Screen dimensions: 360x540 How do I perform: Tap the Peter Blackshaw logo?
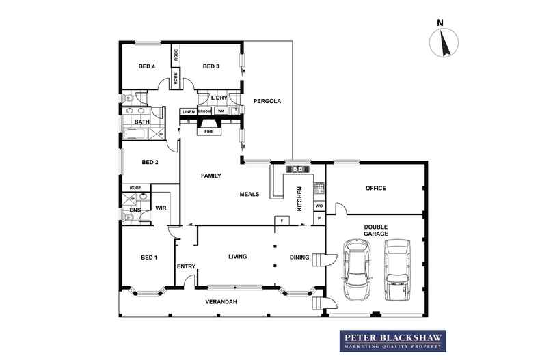[393, 340]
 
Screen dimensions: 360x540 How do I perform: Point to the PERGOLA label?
[267, 101]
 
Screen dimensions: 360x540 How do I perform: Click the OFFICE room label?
[375, 188]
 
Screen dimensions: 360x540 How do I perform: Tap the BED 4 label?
[147, 66]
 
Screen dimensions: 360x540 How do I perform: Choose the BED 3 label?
[211, 66]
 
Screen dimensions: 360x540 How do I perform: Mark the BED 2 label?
[150, 162]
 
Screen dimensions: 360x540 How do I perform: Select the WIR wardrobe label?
[161, 207]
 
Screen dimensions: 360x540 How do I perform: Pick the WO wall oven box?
[319, 206]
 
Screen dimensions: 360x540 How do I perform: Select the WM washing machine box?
[221, 111]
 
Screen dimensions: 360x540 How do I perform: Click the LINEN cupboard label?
[189, 111]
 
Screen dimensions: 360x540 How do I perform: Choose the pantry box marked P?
[319, 218]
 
